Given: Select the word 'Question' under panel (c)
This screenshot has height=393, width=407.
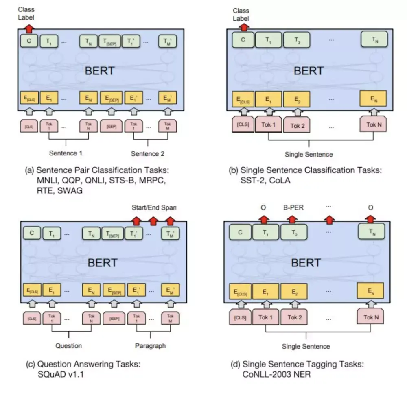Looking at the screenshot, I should point(68,346).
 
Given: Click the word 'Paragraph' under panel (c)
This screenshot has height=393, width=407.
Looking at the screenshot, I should point(151,346).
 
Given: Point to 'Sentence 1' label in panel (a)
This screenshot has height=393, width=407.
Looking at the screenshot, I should point(66,153).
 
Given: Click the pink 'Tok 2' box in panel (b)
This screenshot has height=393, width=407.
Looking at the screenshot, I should point(297,125).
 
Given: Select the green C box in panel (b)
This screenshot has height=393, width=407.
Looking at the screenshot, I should point(243,40).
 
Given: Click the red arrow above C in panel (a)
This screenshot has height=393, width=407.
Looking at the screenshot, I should point(29,28).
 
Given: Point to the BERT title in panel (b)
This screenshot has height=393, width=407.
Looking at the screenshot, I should point(308,70).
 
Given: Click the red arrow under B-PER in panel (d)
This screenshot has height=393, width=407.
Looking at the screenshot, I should point(291,219).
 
